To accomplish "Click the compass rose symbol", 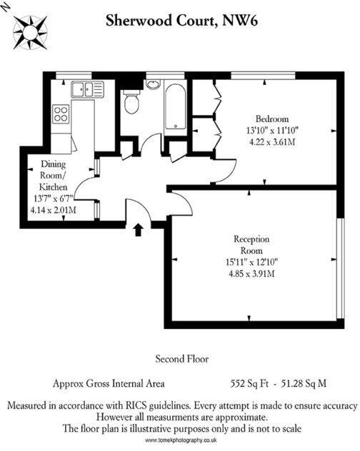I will coord(31,31).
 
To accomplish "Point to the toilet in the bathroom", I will coord(131,105).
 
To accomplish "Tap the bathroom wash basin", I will coord(152,84).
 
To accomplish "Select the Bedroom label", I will coord(272,118).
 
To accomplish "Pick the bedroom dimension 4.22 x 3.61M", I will coord(272,141).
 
